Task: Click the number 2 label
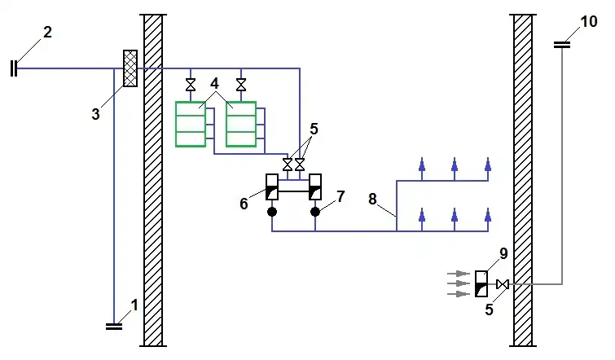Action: point(47,33)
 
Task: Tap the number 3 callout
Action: point(95,114)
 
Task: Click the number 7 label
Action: point(340,196)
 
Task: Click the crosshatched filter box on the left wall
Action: point(129,68)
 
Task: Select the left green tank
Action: point(191,124)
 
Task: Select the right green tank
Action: point(241,124)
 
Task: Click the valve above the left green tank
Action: point(191,85)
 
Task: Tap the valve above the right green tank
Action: point(241,85)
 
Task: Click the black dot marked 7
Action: point(315,212)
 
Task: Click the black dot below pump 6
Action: point(271,212)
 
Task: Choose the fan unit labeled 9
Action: point(481,283)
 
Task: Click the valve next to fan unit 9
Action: point(503,283)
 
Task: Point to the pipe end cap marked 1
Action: point(115,326)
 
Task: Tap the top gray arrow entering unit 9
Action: point(459,273)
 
